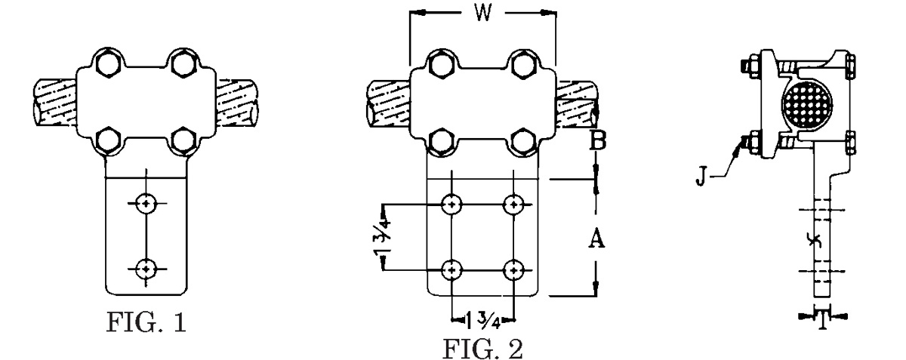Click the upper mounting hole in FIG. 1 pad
click(x=144, y=202)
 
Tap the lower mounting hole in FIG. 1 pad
click(x=144, y=267)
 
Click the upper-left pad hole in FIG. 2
click(x=451, y=204)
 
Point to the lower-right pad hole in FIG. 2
click(x=515, y=269)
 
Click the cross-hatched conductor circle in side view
click(x=806, y=100)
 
